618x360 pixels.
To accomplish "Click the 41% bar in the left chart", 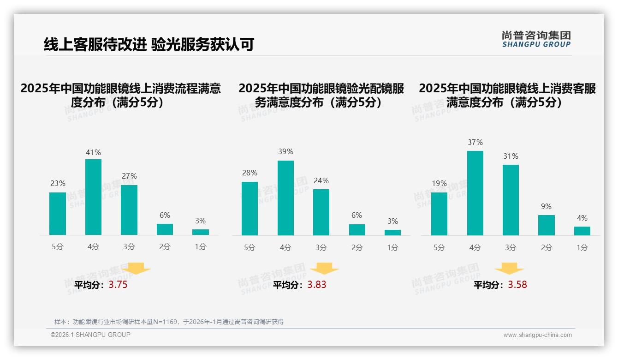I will pyautogui.click(x=93, y=197).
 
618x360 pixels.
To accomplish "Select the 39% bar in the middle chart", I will pyautogui.click(x=285, y=198).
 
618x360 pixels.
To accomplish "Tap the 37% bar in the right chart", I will pyautogui.click(x=475, y=193).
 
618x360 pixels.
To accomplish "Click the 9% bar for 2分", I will pyautogui.click(x=546, y=225).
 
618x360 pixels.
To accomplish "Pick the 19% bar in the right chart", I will pyautogui.click(x=439, y=214).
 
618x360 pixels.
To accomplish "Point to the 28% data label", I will pyautogui.click(x=250, y=173).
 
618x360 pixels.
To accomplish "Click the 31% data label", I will pyautogui.click(x=511, y=156).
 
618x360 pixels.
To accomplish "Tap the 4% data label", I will pyautogui.click(x=582, y=218).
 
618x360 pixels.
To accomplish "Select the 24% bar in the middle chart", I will pyautogui.click(x=321, y=212).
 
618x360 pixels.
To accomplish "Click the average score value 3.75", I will pyautogui.click(x=118, y=285).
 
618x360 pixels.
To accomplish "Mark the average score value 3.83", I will pyautogui.click(x=317, y=285).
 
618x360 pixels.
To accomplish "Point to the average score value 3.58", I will pyautogui.click(x=517, y=285).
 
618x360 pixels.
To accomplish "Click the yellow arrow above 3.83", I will pyautogui.click(x=325, y=269).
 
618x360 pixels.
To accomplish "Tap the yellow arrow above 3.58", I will pyautogui.click(x=509, y=269).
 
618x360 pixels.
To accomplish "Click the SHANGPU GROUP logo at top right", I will pyautogui.click(x=536, y=39).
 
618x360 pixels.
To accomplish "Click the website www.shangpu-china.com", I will pyautogui.click(x=537, y=335).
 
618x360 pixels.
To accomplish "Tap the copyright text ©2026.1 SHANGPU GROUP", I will pyautogui.click(x=90, y=335).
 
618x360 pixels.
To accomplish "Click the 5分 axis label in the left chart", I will pyautogui.click(x=58, y=247).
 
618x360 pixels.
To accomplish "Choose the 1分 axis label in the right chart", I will pyautogui.click(x=582, y=248).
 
